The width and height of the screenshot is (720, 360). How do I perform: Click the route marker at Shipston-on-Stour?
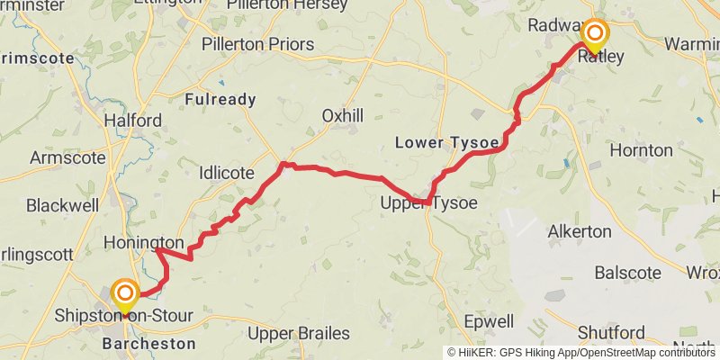124,294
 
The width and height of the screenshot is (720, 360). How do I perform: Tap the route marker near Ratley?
595,35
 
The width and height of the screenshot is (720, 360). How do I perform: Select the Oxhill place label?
342,115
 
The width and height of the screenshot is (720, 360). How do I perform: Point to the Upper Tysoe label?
428,203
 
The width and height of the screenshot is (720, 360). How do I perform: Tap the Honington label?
144,244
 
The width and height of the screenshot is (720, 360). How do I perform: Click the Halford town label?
133,121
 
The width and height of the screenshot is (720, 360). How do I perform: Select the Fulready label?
220,100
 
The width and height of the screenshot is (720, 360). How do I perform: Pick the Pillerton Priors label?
257,44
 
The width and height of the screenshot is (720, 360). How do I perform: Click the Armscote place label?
69,157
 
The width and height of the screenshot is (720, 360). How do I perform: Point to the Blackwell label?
62,205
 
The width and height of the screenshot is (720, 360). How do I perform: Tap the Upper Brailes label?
299,334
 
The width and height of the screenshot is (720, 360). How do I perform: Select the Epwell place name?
489,321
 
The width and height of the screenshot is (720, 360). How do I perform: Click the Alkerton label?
580,231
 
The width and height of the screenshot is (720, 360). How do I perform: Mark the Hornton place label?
641,149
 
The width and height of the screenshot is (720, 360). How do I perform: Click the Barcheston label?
148,344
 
